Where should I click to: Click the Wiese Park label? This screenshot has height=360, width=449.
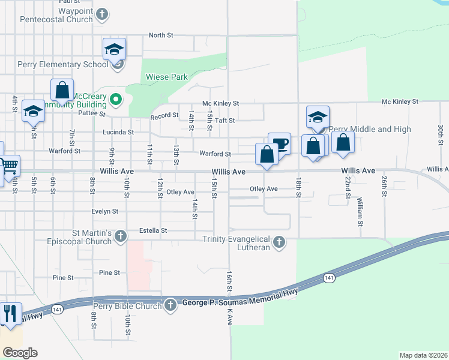(x=167, y=77)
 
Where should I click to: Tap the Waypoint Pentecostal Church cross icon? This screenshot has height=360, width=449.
(x=103, y=14)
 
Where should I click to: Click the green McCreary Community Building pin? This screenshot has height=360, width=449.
(x=117, y=100)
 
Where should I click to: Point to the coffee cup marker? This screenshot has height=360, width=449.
(x=280, y=143)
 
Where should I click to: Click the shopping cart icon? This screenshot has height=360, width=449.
(x=8, y=166)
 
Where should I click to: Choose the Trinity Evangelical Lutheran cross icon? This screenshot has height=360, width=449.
(x=278, y=242)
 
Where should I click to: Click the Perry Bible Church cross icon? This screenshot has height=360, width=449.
(x=170, y=305)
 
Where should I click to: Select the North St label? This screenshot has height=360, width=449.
(x=161, y=35)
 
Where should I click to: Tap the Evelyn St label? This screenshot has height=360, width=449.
(x=105, y=211)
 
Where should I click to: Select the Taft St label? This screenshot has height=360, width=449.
(x=224, y=120)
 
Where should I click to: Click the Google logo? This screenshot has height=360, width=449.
(x=20, y=352)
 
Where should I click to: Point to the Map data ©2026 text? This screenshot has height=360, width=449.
(x=423, y=355)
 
